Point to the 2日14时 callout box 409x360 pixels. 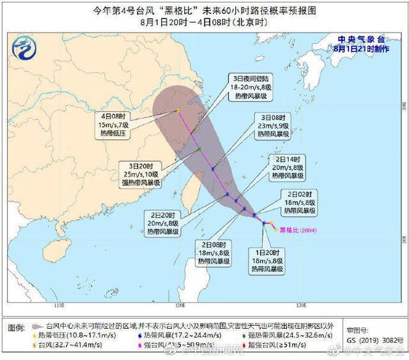(288, 167)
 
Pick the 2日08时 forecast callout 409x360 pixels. (213, 253)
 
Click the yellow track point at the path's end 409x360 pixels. (176, 111)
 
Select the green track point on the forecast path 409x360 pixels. (199, 149)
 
